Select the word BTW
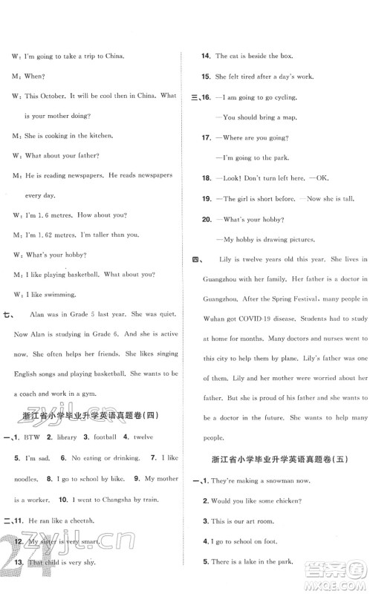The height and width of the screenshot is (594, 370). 31,438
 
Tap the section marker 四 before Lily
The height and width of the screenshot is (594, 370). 197,258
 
